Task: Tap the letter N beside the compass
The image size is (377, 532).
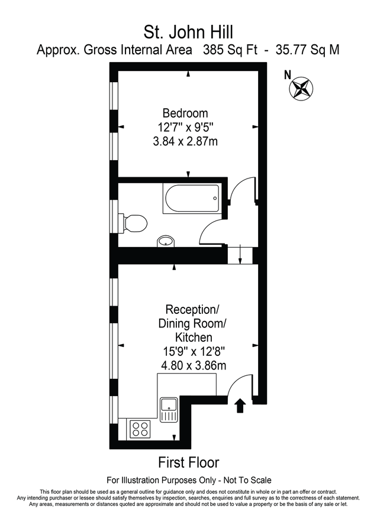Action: pyautogui.click(x=288, y=74)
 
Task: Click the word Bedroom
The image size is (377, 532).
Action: pyautogui.click(x=185, y=113)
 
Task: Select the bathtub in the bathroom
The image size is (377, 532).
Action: pyautogui.click(x=191, y=199)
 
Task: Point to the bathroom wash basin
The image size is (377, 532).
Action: pyautogui.click(x=166, y=241)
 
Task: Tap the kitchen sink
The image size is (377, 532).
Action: pyautogui.click(x=169, y=408)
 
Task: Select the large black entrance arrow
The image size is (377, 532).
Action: pyautogui.click(x=240, y=406)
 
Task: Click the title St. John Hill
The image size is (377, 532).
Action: pyautogui.click(x=188, y=30)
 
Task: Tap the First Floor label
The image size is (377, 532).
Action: pyautogui.click(x=188, y=462)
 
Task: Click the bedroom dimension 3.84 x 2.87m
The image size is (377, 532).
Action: pyautogui.click(x=185, y=141)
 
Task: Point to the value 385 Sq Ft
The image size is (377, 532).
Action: pyautogui.click(x=230, y=50)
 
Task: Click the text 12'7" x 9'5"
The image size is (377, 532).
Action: pyautogui.click(x=185, y=127)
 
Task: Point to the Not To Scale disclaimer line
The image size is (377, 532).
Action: pyautogui.click(x=188, y=480)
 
